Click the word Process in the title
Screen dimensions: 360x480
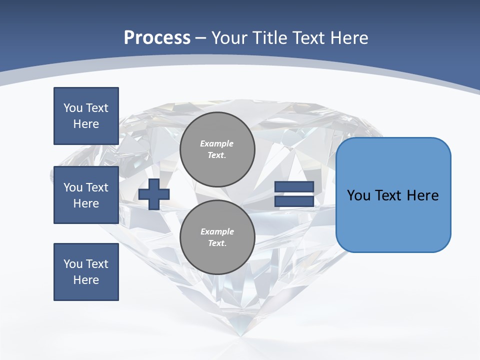(157, 38)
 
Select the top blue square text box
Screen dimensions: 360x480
(86, 116)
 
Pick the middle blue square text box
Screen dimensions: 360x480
(86, 195)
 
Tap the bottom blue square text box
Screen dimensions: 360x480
(86, 272)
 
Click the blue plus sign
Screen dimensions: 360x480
(154, 194)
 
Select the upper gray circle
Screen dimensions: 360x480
(217, 149)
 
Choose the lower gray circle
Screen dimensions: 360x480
(217, 237)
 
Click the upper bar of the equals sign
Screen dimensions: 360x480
(294, 187)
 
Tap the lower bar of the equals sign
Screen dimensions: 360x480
(294, 201)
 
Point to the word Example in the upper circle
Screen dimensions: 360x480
(217, 143)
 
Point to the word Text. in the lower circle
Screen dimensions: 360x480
(217, 243)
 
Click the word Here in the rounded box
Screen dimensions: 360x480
(422, 195)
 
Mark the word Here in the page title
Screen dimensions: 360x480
(349, 38)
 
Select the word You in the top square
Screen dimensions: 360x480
(73, 108)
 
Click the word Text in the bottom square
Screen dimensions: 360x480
(97, 264)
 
